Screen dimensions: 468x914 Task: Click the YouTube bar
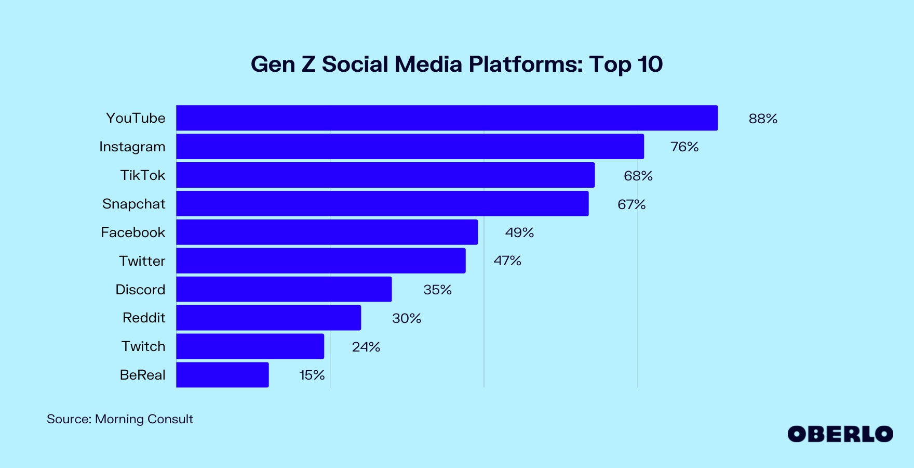(447, 118)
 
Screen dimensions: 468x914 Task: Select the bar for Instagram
(410, 147)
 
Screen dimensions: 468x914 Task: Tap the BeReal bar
(222, 375)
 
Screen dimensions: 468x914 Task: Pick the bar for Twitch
(250, 346)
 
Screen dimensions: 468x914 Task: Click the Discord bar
(284, 289)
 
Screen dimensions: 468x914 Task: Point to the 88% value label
(763, 119)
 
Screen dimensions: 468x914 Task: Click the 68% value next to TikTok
(638, 176)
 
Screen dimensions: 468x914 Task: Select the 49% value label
(519, 232)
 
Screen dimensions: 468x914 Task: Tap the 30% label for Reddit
(406, 318)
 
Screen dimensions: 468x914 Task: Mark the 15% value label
(312, 375)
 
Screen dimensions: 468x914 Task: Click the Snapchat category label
(133, 204)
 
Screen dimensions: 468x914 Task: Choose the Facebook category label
(133, 232)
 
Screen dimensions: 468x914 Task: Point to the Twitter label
(142, 261)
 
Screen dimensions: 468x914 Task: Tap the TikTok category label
(142, 175)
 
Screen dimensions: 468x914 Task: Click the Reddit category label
(144, 318)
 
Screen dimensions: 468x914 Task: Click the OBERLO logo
(840, 434)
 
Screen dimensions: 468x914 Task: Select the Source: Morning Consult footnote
(120, 419)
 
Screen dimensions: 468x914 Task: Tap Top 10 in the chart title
(626, 64)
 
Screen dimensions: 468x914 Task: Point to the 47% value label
(507, 261)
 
